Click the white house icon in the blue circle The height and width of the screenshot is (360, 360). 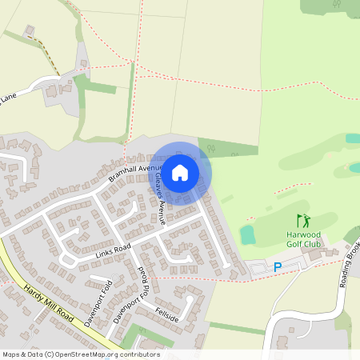pyautogui.click(x=180, y=172)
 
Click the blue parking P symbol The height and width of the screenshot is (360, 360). pyautogui.click(x=278, y=267)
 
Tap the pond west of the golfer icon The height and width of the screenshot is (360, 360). pyautogui.click(x=247, y=234)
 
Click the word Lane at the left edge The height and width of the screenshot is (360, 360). pyautogui.click(x=8, y=97)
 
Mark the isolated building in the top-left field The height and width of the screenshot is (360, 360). pyautogui.click(x=30, y=31)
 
